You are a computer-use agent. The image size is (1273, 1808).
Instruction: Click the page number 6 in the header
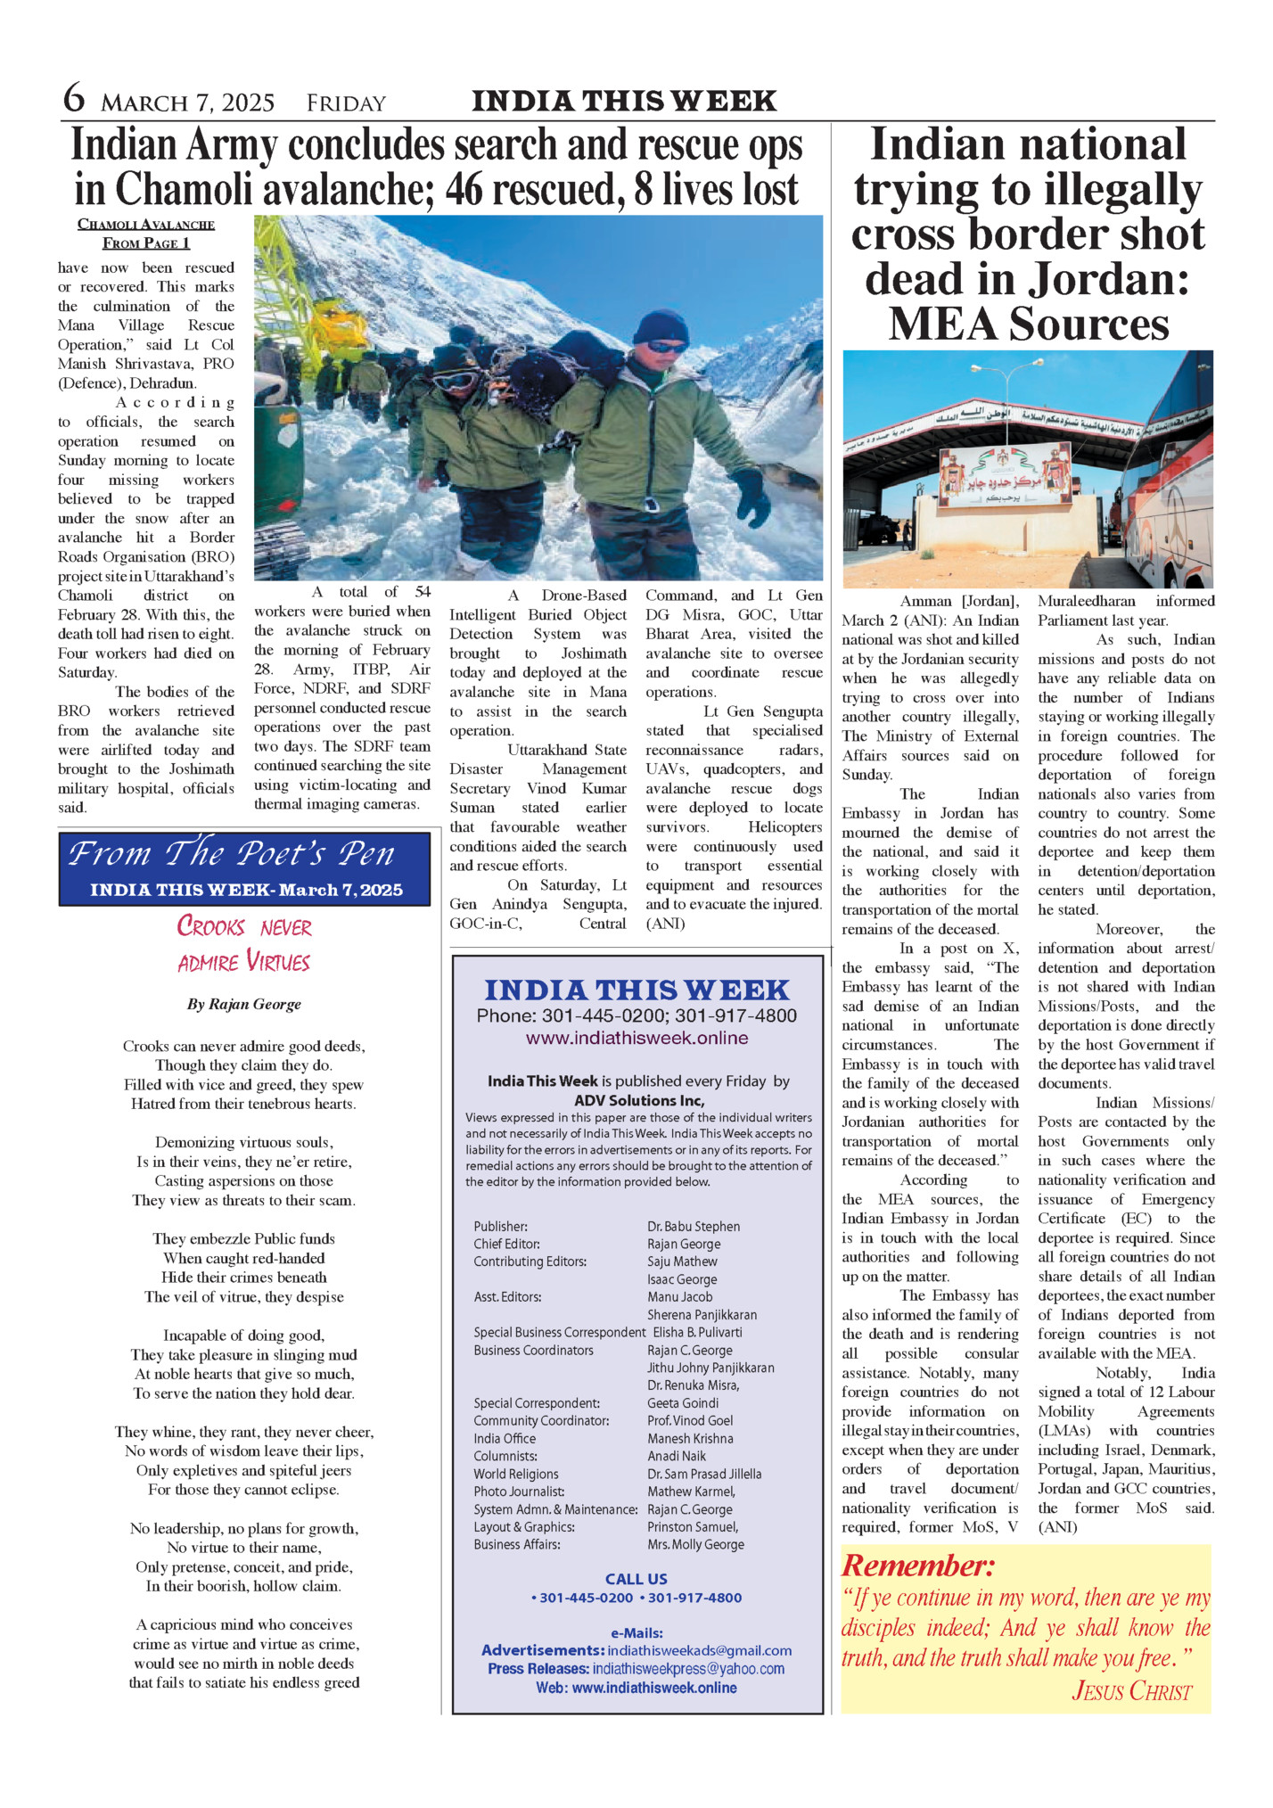pos(74,98)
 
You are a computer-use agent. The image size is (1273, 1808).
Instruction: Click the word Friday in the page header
pos(346,104)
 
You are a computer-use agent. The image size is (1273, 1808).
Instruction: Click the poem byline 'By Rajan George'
pos(243,1004)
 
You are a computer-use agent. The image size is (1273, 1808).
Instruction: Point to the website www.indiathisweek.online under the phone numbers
pos(636,1038)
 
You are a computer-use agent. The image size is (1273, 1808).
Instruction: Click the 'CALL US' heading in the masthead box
pos(636,1579)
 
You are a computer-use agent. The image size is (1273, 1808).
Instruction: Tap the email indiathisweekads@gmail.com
pos(699,1650)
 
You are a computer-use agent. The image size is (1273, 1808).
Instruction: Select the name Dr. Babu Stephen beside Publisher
pos(693,1227)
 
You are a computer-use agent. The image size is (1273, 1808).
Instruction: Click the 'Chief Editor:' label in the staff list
pos(506,1244)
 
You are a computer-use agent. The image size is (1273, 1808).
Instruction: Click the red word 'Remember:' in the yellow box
pos(917,1566)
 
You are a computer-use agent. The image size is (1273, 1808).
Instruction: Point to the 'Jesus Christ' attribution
pos(1131,1690)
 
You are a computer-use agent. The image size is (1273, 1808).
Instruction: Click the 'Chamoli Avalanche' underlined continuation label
pos(146,225)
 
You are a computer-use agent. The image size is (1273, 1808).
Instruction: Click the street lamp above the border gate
pos(1012,372)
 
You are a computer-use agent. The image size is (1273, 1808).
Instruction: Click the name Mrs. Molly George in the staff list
pos(695,1544)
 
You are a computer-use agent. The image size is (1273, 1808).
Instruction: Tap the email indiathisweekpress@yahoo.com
pos(687,1669)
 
